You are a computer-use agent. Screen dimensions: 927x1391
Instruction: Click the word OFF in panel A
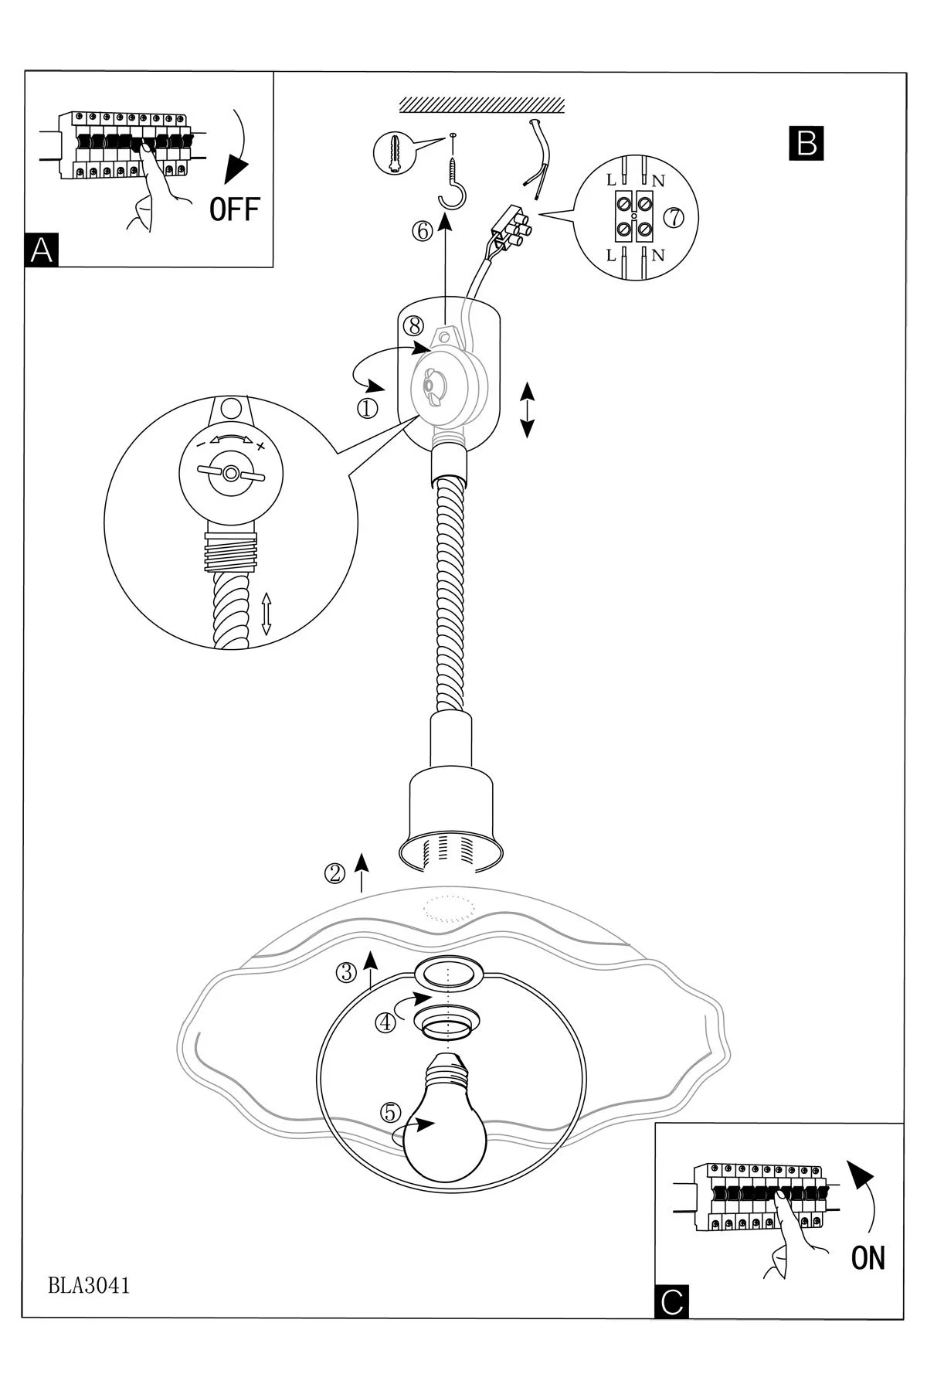coord(235,209)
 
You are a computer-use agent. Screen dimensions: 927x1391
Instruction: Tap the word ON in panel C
coord(868,1258)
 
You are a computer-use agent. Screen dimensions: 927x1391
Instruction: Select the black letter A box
coord(42,250)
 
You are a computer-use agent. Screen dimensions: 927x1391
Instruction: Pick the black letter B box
coord(806,143)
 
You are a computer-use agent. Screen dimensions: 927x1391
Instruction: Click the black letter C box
coord(671,1302)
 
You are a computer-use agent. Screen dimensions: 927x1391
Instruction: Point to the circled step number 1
coord(368,407)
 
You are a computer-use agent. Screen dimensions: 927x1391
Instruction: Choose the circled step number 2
coord(334,873)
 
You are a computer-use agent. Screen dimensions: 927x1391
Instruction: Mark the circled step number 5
coord(391,1112)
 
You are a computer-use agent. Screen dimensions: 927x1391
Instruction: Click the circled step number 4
coord(385,1022)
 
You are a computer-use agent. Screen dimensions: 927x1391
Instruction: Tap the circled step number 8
coord(413,326)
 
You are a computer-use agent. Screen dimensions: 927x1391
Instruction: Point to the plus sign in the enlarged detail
coord(260,446)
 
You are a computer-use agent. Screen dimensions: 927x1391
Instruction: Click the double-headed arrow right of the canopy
coord(528,410)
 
